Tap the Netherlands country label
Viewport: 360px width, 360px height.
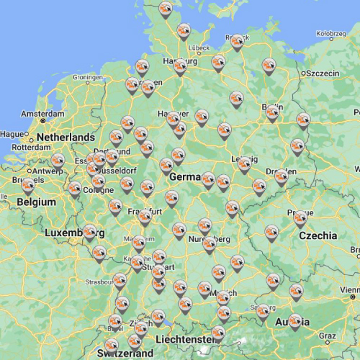[66, 137]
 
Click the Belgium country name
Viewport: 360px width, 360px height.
[36, 202]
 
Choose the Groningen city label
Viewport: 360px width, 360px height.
[87, 77]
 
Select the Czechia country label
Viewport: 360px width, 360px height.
[318, 235]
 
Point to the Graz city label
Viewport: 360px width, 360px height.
[328, 335]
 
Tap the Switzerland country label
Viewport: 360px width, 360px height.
[127, 354]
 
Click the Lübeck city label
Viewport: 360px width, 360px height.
[200, 48]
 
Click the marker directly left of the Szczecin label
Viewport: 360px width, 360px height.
[269, 67]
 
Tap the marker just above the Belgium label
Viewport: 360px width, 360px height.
[28, 186]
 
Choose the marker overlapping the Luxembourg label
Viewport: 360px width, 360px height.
[90, 232]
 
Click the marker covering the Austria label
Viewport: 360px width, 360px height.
[294, 321]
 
